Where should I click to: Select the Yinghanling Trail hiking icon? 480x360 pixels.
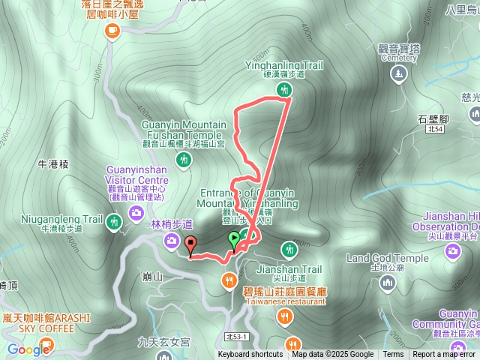click(283, 90)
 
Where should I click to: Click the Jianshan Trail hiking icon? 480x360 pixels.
click(289, 249)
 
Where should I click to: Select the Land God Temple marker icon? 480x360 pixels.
click(387, 283)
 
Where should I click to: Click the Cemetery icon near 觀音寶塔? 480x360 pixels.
click(397, 73)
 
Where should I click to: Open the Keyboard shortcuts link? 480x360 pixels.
click(250, 355)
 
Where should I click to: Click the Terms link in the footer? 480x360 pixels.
click(393, 355)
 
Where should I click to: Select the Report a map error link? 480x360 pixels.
click(445, 355)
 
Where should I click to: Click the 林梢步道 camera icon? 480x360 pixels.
click(172, 240)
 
